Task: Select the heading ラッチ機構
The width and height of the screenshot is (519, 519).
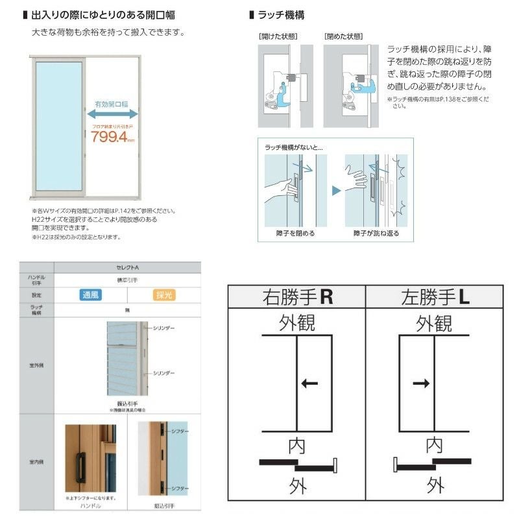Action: point(281,14)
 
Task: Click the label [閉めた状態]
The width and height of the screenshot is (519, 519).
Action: point(343,36)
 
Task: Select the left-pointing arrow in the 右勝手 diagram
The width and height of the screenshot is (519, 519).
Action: point(310,383)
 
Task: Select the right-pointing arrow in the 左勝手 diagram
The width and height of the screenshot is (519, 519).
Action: point(421,383)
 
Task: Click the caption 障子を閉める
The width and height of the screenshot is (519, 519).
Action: point(296,233)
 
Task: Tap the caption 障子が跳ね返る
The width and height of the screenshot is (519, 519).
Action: point(376,233)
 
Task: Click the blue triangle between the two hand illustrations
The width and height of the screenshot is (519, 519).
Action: point(336,191)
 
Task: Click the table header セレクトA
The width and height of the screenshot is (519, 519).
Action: point(127,267)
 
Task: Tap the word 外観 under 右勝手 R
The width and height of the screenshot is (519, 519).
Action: point(297,323)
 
